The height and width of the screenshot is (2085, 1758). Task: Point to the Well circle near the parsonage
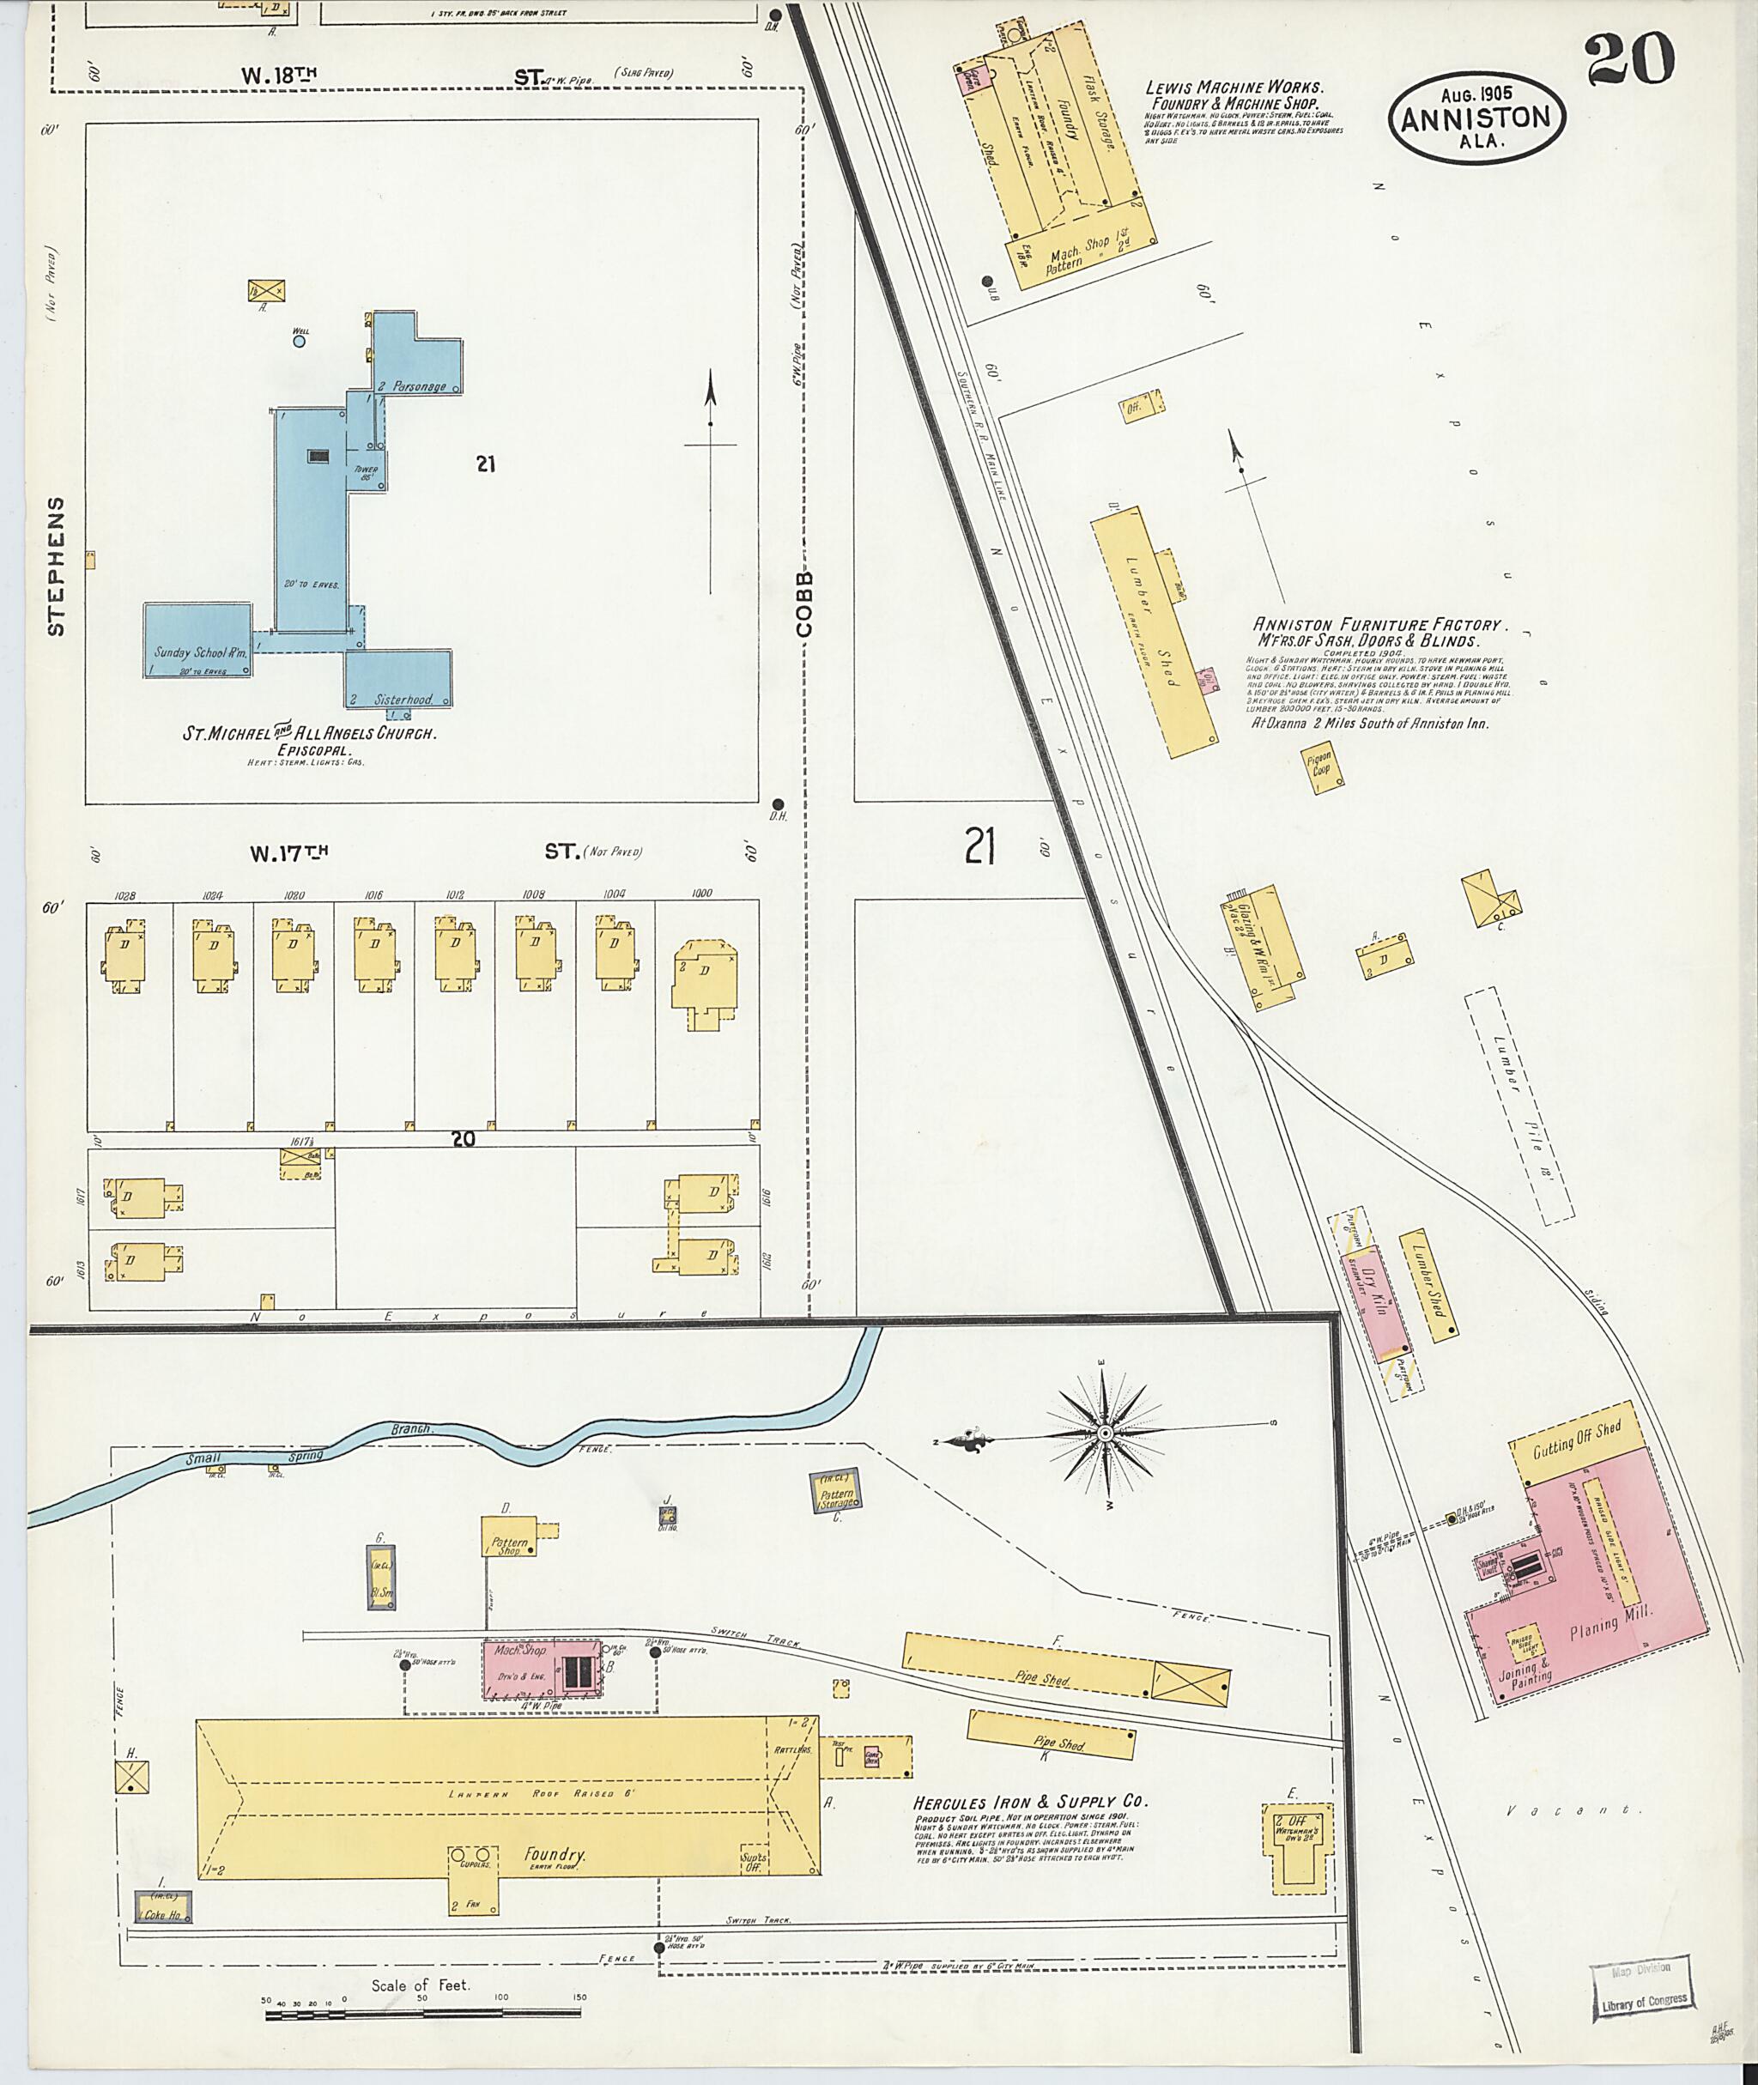pos(298,341)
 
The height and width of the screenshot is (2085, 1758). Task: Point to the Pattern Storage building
pos(837,1497)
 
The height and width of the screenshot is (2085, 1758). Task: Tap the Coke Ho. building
pos(162,1906)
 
